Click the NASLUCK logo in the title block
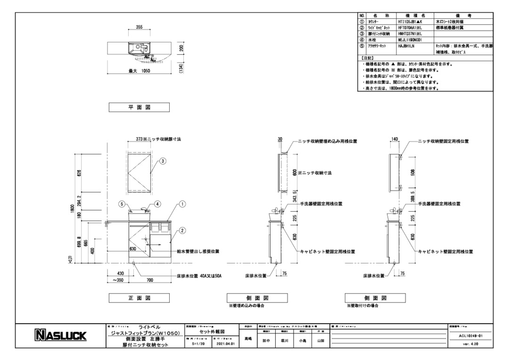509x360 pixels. tap(59, 336)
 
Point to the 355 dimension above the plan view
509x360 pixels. tap(140, 28)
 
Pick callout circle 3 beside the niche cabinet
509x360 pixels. tap(162, 161)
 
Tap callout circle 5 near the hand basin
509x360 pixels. tap(122, 205)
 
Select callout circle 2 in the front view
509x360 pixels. tap(182, 230)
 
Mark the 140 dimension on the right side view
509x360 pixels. tap(394, 140)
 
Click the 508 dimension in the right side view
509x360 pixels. tap(413, 172)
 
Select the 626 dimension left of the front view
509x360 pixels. tap(79, 172)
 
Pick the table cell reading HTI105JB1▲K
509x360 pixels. tap(410, 22)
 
